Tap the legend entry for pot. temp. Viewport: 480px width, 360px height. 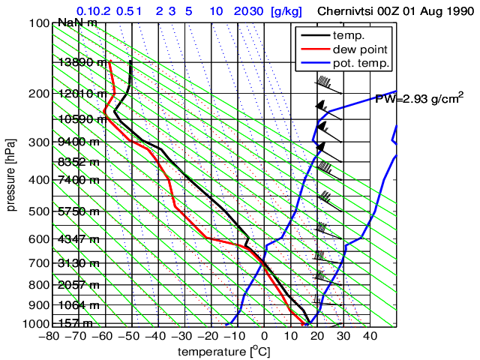(x=362, y=63)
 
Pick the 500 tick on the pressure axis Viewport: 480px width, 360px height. (x=38, y=211)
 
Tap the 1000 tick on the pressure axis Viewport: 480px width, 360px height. (x=35, y=324)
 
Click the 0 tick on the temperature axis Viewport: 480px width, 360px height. (x=265, y=337)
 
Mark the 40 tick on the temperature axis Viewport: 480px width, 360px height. (x=370, y=337)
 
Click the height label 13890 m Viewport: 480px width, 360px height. (x=82, y=62)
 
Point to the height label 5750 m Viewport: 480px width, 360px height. (x=79, y=211)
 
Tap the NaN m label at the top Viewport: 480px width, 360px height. (x=77, y=22)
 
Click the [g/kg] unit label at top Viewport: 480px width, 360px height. (x=286, y=11)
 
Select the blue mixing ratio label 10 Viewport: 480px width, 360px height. (x=216, y=11)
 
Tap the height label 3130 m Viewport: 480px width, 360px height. (x=79, y=262)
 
